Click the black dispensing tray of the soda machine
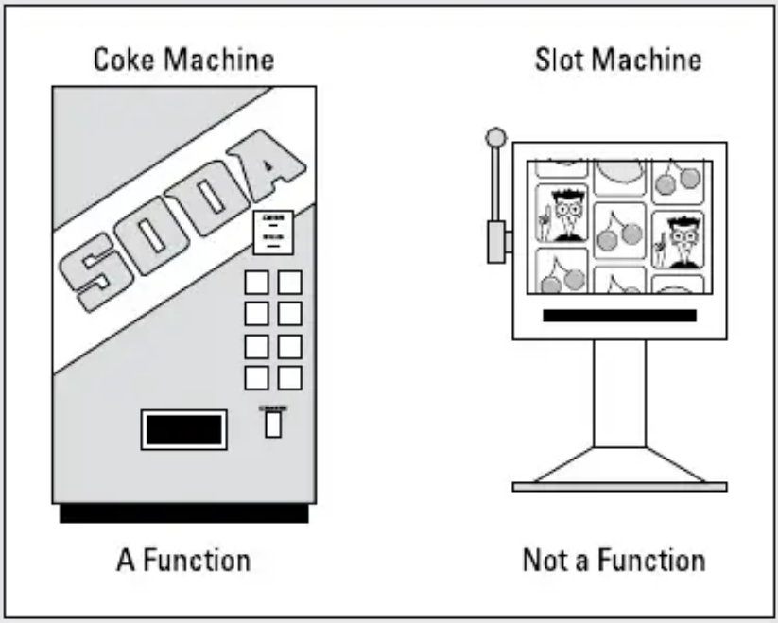click(184, 429)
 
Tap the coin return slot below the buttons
click(273, 424)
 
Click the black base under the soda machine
click(184, 513)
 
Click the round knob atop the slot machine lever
click(494, 138)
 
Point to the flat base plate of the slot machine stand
click(619, 487)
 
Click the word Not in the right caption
click(543, 559)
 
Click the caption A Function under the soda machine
click(184, 559)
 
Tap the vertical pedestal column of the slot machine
click(619, 392)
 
